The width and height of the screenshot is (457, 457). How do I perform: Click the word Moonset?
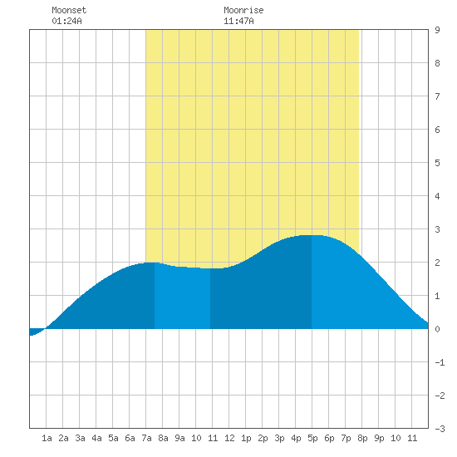(69, 10)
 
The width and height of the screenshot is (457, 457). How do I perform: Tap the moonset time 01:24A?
(66, 21)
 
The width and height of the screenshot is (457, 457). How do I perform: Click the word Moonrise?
(243, 10)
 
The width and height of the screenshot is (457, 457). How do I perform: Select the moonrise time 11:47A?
(238, 21)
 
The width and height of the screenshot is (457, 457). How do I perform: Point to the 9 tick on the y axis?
(437, 30)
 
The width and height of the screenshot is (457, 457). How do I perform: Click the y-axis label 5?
(437, 163)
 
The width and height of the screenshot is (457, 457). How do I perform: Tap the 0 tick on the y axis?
(437, 329)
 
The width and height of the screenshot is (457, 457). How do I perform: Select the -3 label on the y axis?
(440, 429)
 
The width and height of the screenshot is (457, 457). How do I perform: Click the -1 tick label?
(440, 362)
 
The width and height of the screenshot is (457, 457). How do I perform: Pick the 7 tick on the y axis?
(437, 96)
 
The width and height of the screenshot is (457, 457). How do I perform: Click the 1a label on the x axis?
(47, 438)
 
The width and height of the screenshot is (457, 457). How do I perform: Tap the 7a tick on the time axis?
(146, 438)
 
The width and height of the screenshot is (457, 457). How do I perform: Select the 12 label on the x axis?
(229, 438)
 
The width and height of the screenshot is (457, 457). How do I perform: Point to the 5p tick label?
(312, 438)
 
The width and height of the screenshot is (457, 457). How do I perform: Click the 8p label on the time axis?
(362, 438)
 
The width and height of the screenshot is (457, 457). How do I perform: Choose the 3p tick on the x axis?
(279, 438)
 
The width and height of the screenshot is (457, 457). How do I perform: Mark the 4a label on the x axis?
(96, 438)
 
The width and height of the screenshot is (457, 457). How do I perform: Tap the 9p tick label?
(379, 438)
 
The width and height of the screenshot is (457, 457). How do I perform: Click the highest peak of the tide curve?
(312, 235)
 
